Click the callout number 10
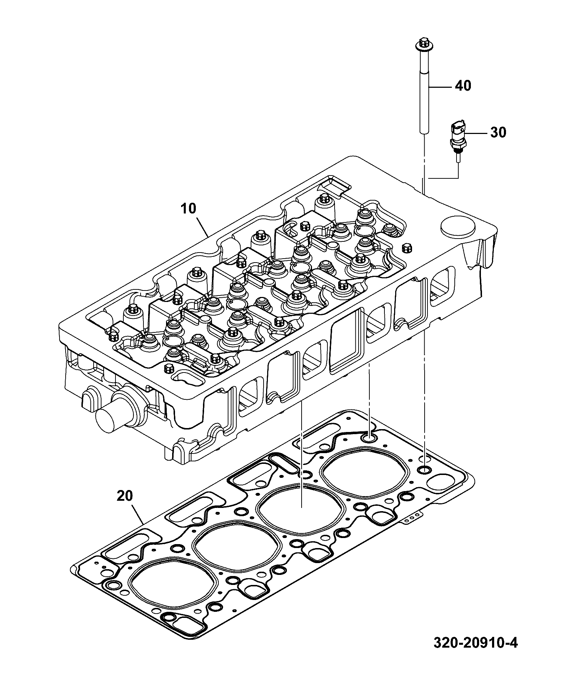coord(188,208)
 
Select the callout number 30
coord(498,133)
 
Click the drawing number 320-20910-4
coord(476,653)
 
